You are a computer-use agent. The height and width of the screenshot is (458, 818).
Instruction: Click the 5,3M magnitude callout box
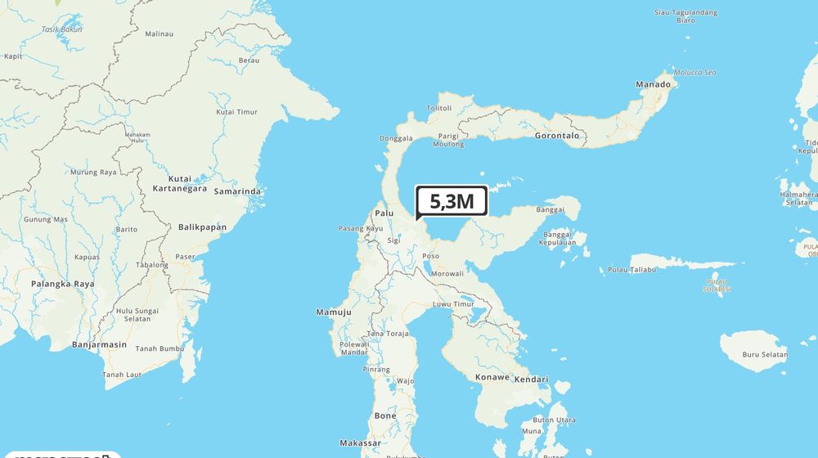pos(452,200)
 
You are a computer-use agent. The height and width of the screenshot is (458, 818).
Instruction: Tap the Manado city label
pos(654,84)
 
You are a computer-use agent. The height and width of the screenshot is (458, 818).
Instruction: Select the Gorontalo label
pos(556,136)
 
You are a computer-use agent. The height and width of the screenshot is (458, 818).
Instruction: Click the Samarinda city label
pos(237,191)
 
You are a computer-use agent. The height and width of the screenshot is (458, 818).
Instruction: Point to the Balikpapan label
pos(202,227)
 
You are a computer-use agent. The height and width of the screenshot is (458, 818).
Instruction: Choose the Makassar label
pos(360,442)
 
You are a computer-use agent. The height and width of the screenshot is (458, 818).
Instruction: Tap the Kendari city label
pos(533,378)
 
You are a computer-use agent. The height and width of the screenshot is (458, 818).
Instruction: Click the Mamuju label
pos(334,312)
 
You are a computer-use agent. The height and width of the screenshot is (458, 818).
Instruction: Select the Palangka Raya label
pos(62,284)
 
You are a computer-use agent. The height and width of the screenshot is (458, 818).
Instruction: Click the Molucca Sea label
pos(694,73)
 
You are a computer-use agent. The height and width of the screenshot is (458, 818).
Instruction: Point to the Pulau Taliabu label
pos(632,269)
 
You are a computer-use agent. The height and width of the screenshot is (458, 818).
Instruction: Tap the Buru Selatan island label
pos(764,355)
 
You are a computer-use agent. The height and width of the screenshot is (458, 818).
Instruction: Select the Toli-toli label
pos(439,108)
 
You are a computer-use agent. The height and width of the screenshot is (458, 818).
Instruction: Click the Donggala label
pos(397,138)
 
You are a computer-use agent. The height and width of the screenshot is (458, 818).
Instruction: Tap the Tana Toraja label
pos(388,334)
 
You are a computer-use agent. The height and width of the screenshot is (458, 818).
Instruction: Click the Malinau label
pos(160,34)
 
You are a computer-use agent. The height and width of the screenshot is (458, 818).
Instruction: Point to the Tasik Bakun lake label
pos(61,29)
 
